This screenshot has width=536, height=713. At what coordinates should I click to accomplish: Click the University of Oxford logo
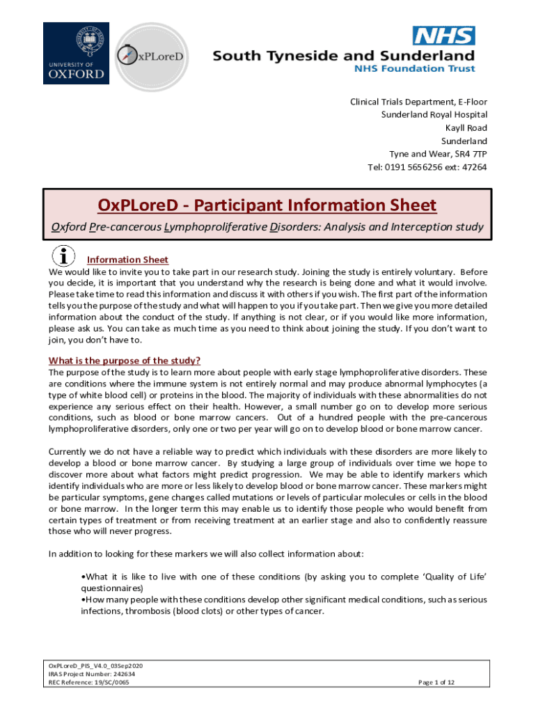coord(76,54)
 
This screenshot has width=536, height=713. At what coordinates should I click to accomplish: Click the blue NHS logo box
coord(444,36)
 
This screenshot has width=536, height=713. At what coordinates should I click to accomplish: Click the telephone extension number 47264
coord(474,167)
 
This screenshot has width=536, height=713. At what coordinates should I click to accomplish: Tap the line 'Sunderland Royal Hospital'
coord(434,114)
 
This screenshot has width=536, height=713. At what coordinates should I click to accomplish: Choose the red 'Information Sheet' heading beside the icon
coord(127,260)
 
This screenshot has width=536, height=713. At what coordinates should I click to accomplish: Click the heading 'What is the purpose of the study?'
coord(125,360)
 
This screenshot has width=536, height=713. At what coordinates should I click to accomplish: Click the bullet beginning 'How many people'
coord(284,600)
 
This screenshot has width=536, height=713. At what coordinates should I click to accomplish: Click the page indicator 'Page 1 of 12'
coord(436,682)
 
